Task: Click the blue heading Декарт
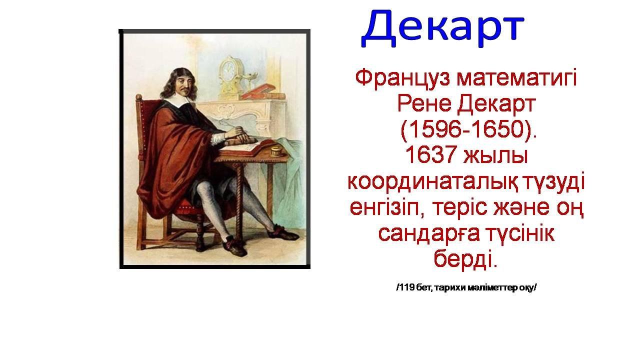pyautogui.click(x=442, y=28)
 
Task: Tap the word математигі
pyautogui.click(x=517, y=77)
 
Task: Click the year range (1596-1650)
pyautogui.click(x=469, y=130)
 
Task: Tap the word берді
pyautogui.click(x=465, y=258)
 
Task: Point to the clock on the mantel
pyautogui.click(x=229, y=75)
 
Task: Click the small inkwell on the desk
pyautogui.click(x=276, y=151)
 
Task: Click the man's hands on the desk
pyautogui.click(x=238, y=135)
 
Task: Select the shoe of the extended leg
pyautogui.click(x=285, y=233)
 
